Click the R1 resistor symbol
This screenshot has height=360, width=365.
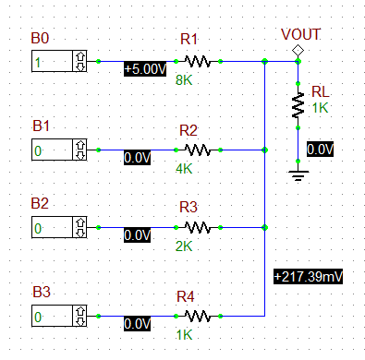197,62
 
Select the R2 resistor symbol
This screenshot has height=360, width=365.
197,149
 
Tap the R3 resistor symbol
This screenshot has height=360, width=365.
197,226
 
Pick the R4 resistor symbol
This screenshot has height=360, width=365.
197,316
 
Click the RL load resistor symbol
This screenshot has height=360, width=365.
298,105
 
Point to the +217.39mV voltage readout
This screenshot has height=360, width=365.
307,276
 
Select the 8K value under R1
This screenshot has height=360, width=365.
183,80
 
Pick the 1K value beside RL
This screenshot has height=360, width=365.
320,108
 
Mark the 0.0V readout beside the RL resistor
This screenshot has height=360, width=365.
320,149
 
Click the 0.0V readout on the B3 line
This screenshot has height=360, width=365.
137,324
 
